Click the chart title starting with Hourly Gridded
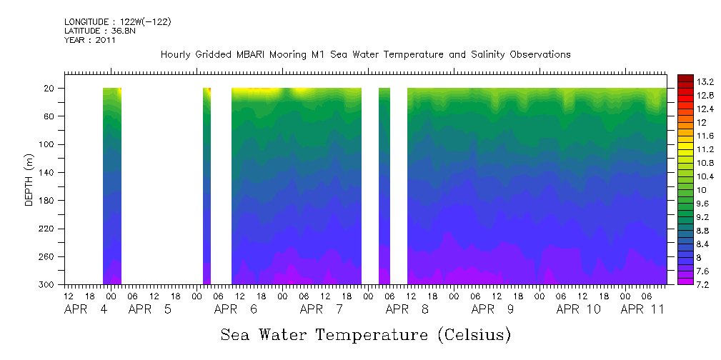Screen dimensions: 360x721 [x=365, y=54]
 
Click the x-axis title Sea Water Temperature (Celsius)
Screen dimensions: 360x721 [x=365, y=334]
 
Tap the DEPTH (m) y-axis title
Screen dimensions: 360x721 [x=29, y=186]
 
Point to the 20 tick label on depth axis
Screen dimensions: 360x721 [x=51, y=89]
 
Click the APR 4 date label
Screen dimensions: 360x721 [x=86, y=309]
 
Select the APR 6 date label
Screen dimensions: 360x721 [x=236, y=309]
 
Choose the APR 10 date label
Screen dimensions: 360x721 [x=579, y=309]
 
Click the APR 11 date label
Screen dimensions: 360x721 [x=643, y=309]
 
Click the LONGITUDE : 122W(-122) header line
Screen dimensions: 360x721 [x=117, y=21]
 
